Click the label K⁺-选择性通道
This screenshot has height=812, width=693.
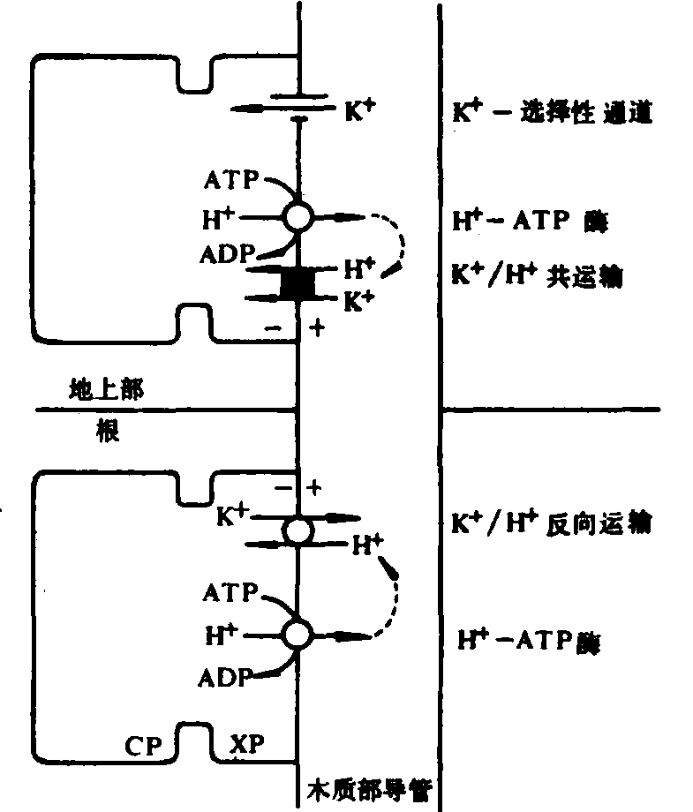pos(552,113)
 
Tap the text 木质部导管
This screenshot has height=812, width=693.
pos(368,787)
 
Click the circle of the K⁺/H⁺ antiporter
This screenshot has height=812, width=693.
pos(298,530)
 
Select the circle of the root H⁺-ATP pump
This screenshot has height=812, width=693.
pos(298,633)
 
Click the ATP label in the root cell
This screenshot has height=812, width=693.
pos(231,590)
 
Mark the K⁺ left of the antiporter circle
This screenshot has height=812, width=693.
pos(232,517)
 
